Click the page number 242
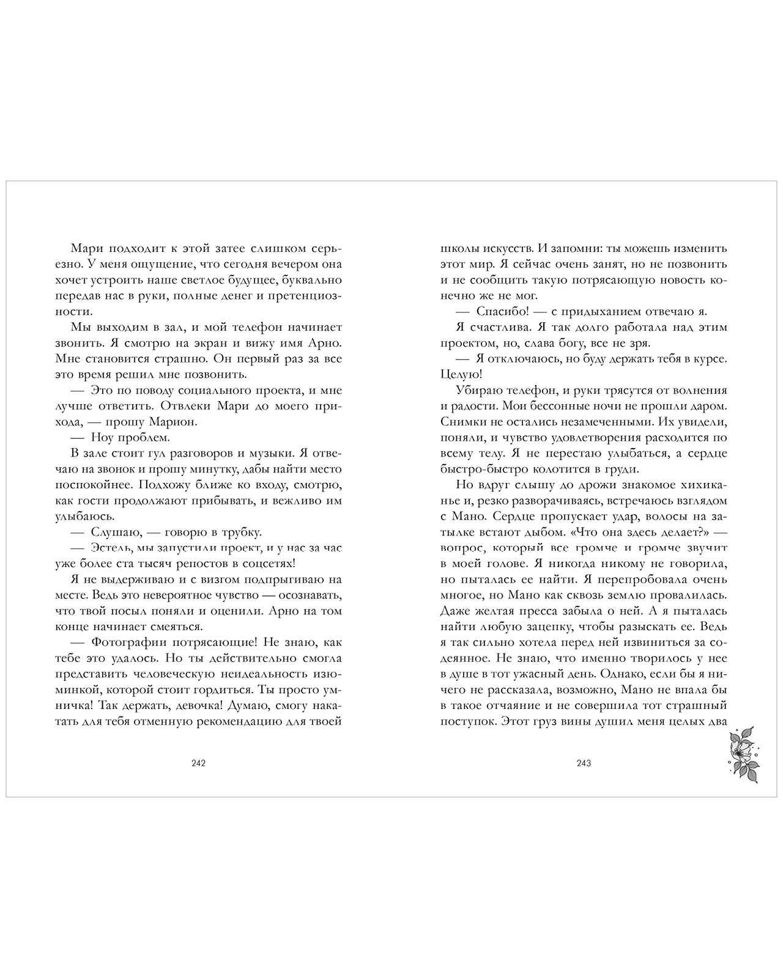click(x=198, y=763)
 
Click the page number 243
click(x=584, y=763)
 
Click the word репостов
click(x=226, y=564)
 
